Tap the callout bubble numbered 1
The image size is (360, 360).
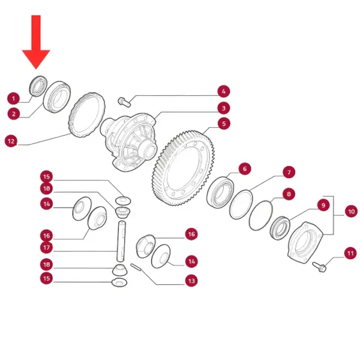(14, 98)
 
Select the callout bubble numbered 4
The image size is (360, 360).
(224, 91)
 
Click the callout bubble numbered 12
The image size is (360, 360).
(11, 141)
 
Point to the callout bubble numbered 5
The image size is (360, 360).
(224, 124)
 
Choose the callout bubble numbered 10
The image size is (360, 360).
(351, 211)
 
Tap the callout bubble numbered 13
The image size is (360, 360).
(191, 281)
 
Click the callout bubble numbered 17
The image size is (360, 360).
(46, 247)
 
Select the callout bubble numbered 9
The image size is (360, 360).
(323, 205)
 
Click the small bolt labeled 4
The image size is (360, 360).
(124, 102)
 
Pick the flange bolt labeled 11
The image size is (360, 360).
(319, 267)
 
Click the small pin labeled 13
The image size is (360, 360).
(136, 267)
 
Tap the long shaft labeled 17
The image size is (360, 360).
(122, 241)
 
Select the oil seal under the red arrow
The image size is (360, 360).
(38, 86)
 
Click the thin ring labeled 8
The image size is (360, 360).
(261, 215)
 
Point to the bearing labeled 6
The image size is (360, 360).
(220, 192)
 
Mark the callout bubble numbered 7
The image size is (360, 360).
(289, 172)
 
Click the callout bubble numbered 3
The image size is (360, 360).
(224, 108)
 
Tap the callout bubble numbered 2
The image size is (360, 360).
(14, 113)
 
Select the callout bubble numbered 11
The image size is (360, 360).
(350, 253)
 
